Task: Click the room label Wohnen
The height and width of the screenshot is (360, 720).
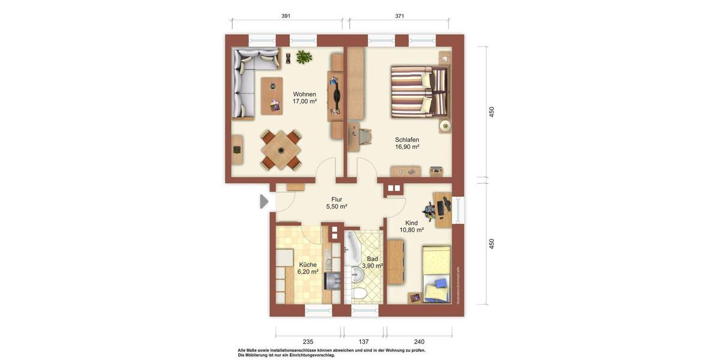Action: tap(304, 94)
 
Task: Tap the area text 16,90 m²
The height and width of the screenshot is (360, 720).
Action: tap(407, 146)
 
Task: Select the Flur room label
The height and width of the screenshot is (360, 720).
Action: tap(337, 199)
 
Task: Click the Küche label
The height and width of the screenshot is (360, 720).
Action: tap(307, 265)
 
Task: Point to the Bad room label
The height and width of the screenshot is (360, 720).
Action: tap(373, 259)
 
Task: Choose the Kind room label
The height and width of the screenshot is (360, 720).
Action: tap(411, 223)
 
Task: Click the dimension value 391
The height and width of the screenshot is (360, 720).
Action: tap(286, 16)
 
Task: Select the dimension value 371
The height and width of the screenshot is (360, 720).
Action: tap(400, 16)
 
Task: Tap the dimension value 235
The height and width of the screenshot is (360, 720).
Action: tap(308, 341)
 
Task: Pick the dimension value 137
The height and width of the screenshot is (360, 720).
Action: tap(364, 341)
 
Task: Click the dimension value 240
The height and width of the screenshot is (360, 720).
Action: tap(419, 341)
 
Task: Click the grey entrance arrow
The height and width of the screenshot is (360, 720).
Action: tap(264, 202)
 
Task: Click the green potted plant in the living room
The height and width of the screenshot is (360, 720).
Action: tap(304, 57)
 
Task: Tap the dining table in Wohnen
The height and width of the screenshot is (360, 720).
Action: tap(280, 149)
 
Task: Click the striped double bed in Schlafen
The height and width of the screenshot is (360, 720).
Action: tap(419, 92)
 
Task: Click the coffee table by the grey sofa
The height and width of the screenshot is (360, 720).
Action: tap(272, 95)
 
